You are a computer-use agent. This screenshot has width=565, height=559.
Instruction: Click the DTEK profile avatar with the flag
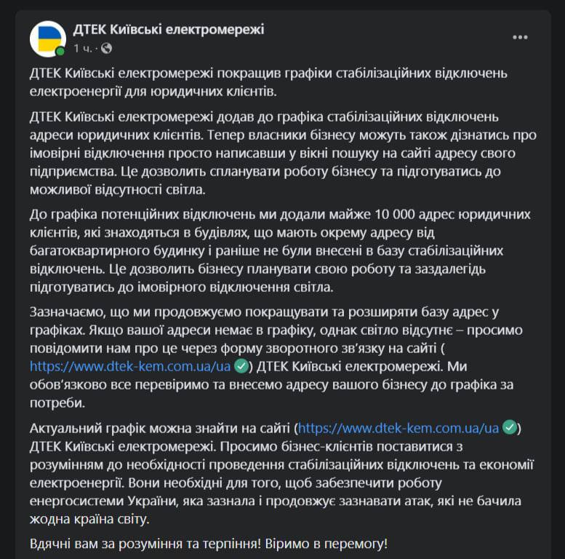[x=47, y=38]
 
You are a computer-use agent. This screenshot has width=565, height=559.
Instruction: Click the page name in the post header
[x=169, y=29]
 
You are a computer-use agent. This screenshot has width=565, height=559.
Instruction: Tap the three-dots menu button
[x=520, y=38]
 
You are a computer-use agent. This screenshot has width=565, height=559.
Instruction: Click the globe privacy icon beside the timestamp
[x=107, y=49]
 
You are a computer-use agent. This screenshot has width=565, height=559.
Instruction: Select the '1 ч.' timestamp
[x=82, y=49]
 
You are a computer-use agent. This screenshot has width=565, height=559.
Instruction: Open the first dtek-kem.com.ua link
[x=131, y=366]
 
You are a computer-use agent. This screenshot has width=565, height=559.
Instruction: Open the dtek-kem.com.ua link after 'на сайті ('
[x=398, y=427]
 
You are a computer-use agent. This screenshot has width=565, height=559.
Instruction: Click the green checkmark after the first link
[x=242, y=366]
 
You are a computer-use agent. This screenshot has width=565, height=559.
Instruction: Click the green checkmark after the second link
[x=510, y=427]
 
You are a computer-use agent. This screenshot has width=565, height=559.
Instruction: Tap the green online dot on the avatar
[x=61, y=51]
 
